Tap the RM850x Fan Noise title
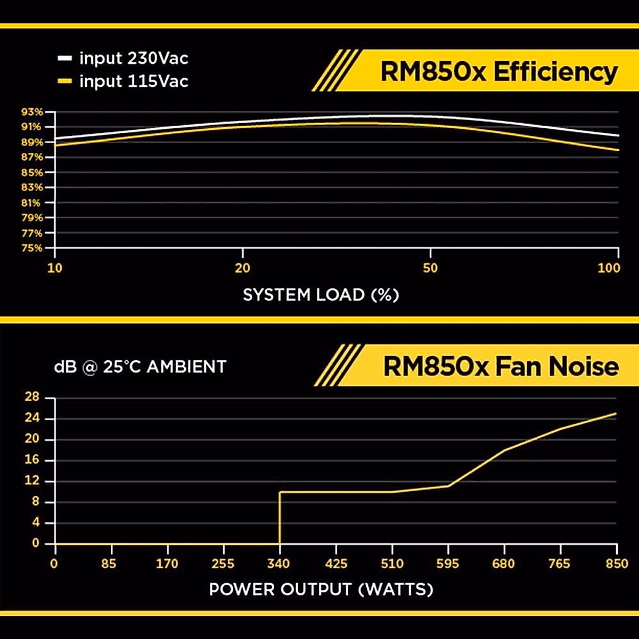[x=501, y=366]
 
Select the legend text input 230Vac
[x=134, y=58]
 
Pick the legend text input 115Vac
[x=134, y=81]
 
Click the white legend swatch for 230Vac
[x=64, y=58]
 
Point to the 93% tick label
[x=31, y=112]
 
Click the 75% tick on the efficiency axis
[x=31, y=248]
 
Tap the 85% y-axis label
[x=31, y=173]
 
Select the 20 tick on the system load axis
[x=242, y=268]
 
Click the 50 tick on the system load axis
[x=430, y=268]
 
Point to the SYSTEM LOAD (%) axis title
[x=321, y=295]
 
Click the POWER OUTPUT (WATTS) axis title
[x=321, y=589]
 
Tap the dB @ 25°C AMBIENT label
[x=140, y=367]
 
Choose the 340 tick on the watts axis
[x=279, y=564]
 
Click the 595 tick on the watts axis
[x=447, y=564]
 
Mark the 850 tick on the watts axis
[x=617, y=564]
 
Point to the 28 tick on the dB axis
[x=32, y=397]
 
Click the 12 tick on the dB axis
[x=32, y=481]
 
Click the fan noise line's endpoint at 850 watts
[x=616, y=413]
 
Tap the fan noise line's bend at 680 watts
[x=504, y=450]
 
